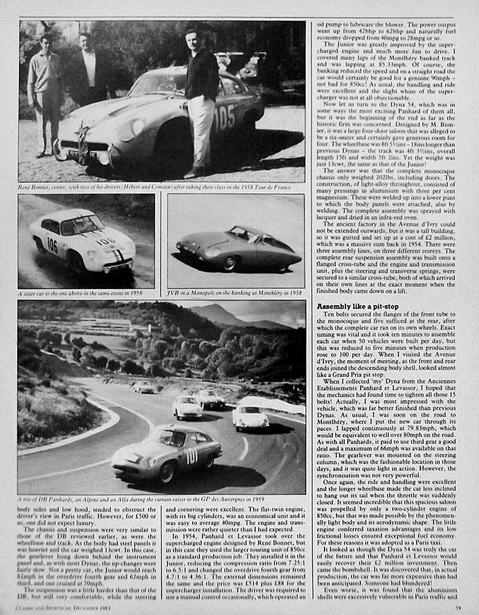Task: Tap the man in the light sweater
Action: [45, 90]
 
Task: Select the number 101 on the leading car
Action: [190, 456]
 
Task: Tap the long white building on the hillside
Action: [105, 324]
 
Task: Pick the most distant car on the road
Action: [143, 387]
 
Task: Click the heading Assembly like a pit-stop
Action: [357, 307]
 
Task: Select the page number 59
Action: [457, 607]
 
